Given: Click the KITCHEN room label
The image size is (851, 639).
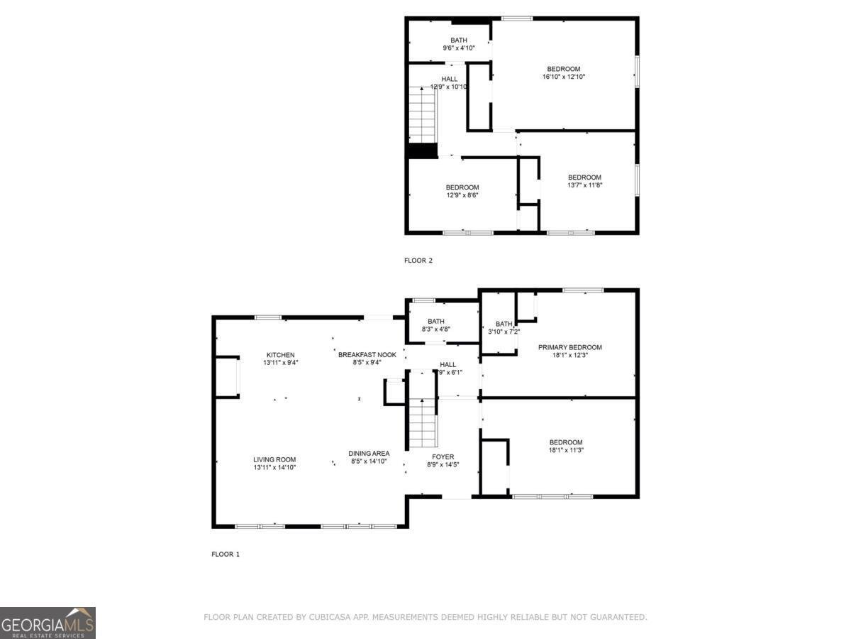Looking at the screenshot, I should [280, 355].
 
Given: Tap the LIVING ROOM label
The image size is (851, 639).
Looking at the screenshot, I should [274, 459].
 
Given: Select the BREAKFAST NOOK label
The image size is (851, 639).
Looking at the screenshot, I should [367, 354].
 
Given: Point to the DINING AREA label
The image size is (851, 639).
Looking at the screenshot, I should [369, 454].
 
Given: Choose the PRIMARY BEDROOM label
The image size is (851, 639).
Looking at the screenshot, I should [569, 347].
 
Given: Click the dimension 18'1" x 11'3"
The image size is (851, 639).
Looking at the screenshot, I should [565, 449].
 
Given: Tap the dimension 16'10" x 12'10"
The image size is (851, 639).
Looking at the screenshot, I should [563, 77].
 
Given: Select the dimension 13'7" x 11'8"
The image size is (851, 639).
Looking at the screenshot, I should [584, 185].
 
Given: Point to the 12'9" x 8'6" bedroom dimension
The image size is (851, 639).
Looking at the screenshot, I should [462, 195].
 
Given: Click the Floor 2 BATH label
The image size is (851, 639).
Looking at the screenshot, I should [459, 40].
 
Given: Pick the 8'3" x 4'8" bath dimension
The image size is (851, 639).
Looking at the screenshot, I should [436, 329].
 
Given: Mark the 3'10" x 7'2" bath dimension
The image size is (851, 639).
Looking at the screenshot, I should [504, 332].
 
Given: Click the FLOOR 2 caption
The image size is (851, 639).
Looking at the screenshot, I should [418, 261].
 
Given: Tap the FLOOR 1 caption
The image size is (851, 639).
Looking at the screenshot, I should [226, 554].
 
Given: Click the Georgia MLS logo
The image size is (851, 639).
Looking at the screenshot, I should [48, 623].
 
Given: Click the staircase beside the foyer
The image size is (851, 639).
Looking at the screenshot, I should [421, 422].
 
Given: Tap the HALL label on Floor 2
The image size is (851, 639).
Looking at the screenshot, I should [449, 79].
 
